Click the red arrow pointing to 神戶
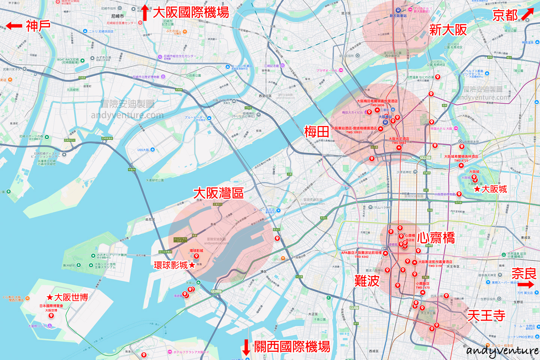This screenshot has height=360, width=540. tap(14, 26)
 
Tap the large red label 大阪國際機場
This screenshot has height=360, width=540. tap(191, 12)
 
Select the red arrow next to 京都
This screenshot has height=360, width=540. tap(527, 13)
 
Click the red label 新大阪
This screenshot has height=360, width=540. tap(448, 30)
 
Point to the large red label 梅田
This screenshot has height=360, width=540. tap(316, 132)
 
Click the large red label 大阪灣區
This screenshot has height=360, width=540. tap(218, 193)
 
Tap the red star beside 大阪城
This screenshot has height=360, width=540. tap(477, 189)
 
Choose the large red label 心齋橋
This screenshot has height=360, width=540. tap(436, 238)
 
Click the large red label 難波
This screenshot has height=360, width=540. tap(367, 280)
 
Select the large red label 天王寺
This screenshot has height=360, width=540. tap(486, 315)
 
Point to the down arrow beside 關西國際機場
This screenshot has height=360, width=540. tap(246, 347)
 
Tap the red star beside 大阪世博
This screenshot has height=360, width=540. tap(49, 297)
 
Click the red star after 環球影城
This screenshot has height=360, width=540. tap(192, 265)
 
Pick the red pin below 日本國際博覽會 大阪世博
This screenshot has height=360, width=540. tap(51, 316)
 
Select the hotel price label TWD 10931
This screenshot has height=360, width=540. tap(354, 132)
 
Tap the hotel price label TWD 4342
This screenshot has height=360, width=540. tap(361, 257)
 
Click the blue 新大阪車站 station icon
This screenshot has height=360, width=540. tap(398, 10)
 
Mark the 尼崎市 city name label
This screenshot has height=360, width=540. tap(117, 16)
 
